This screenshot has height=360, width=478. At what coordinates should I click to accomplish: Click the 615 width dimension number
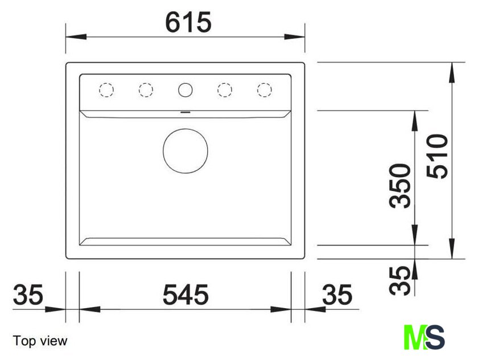[188, 22]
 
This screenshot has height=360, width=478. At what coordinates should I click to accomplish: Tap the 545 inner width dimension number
[186, 294]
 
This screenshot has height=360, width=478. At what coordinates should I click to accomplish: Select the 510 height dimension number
[438, 156]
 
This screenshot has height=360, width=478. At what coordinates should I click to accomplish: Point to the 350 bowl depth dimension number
[400, 186]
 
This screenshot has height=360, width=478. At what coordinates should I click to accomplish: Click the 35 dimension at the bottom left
[28, 294]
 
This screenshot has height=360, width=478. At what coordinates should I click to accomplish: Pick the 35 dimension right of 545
[337, 294]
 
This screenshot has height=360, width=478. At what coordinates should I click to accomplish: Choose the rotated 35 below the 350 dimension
[400, 281]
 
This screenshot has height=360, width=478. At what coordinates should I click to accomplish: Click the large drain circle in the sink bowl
[186, 151]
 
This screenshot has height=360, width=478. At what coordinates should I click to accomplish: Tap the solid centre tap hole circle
[186, 90]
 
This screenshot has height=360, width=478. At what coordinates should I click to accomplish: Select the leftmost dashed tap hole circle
[106, 90]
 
